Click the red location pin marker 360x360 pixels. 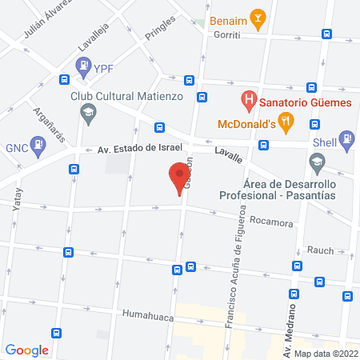(x=178, y=177)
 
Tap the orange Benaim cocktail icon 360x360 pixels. (x=258, y=17)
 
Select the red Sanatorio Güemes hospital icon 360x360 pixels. (x=249, y=101)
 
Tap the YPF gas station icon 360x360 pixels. (x=83, y=70)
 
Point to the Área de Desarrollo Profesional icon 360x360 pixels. (x=318, y=163)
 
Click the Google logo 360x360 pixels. (x=27, y=350)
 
